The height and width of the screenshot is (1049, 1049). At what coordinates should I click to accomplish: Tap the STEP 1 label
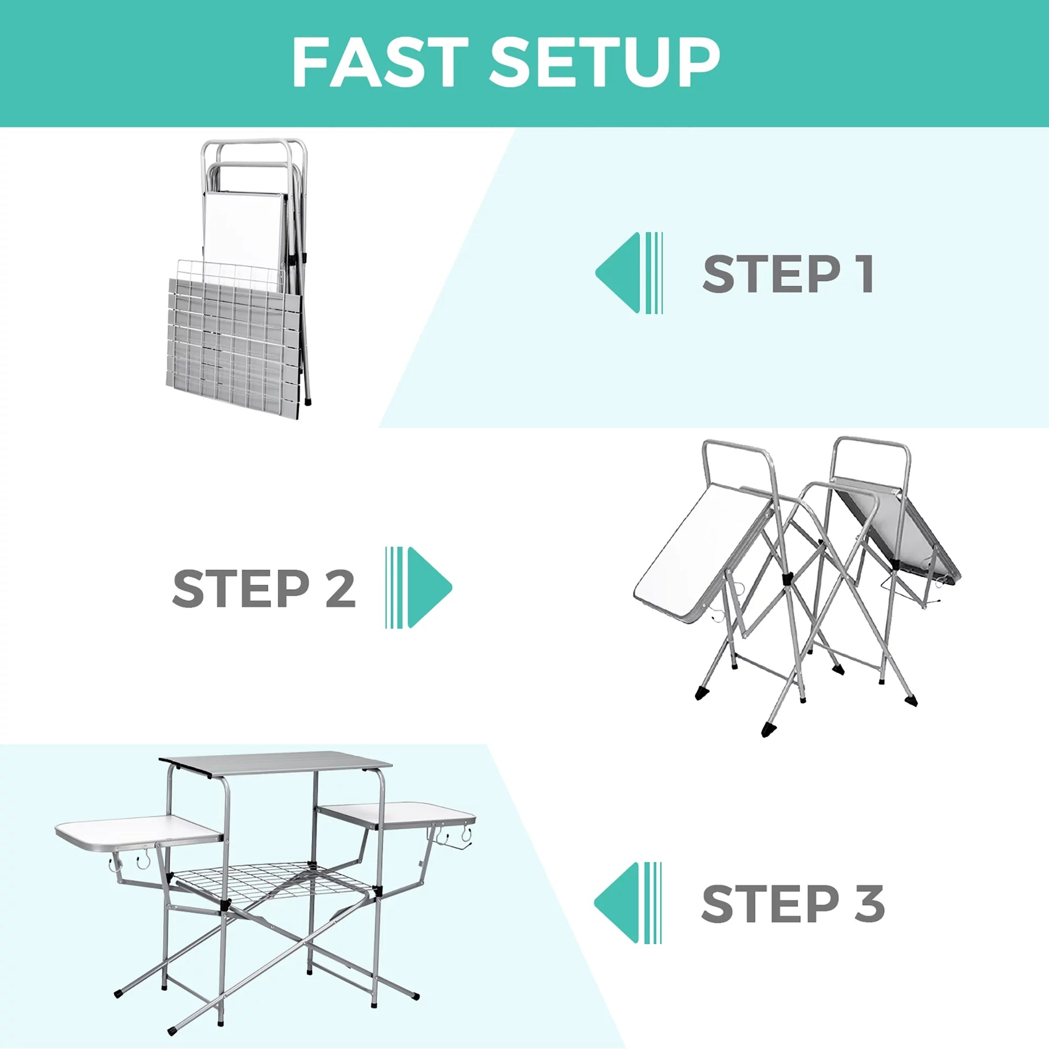[x=788, y=274]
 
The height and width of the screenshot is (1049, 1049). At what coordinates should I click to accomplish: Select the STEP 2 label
[x=264, y=589]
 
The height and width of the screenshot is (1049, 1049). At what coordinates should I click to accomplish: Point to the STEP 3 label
[x=793, y=903]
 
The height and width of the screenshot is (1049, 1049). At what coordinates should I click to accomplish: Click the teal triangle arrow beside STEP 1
[x=619, y=273]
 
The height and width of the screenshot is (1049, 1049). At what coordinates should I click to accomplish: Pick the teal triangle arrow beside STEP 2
[x=429, y=588]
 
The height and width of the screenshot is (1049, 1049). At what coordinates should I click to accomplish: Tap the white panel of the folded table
[x=243, y=228]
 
